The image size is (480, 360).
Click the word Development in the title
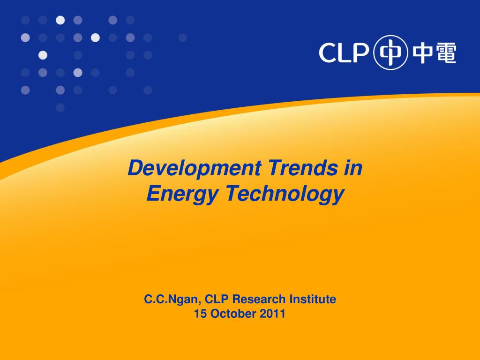(195, 169)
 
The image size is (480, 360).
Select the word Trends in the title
(303, 168)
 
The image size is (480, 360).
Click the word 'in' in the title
(353, 168)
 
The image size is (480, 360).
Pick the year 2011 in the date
(272, 314)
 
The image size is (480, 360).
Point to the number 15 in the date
(201, 314)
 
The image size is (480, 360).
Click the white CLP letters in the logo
(344, 52)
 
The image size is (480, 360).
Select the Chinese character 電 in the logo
(446, 53)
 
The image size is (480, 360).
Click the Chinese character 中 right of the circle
(423, 53)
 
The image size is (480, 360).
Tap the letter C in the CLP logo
(328, 52)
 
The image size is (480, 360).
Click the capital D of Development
(136, 168)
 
